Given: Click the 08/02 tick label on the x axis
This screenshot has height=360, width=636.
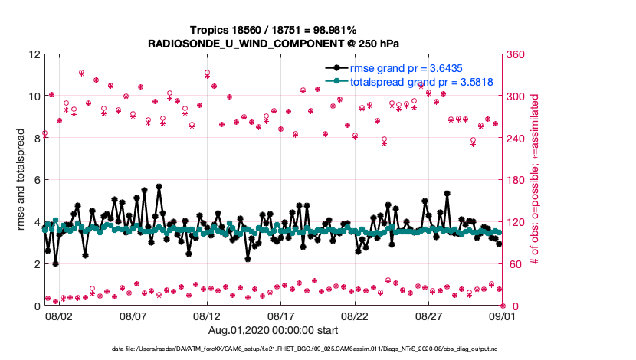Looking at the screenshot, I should coord(59,315).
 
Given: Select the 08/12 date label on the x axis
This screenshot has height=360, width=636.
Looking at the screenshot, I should coord(207,315).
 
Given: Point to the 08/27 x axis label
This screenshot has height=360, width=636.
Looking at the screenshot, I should coord(429,315).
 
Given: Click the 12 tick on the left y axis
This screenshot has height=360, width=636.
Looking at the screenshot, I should coord(34,55).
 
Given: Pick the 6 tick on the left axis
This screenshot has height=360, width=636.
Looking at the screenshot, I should coord(37,181).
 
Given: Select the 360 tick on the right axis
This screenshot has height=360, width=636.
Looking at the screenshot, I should coord(516,55).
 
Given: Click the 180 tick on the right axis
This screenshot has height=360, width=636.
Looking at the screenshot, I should coord(516,181).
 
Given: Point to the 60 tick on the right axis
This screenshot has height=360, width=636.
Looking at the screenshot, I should coord(513,264).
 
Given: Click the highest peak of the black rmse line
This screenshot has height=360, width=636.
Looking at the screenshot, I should coord(159,186).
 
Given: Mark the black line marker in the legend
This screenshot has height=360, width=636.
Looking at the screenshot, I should coord(335,68).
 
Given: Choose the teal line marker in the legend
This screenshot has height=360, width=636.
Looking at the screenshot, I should coord(335,81).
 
